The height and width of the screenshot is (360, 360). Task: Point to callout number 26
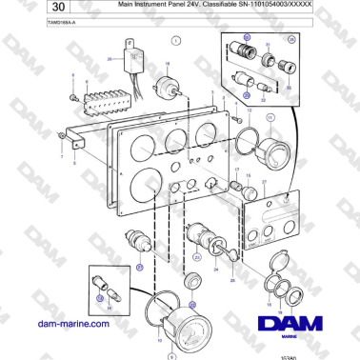(109, 59)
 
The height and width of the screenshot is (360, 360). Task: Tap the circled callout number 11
(269, 118)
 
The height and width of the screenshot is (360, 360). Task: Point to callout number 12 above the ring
(249, 109)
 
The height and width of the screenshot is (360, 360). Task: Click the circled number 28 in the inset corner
(291, 40)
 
